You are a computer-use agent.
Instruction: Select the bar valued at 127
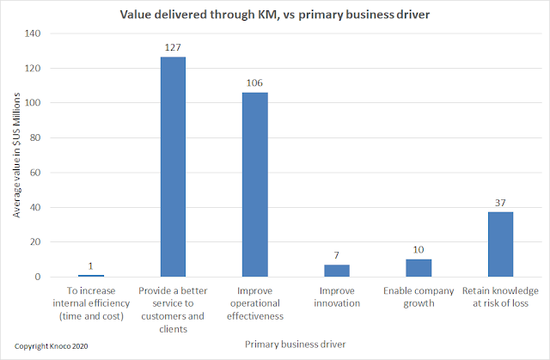[172, 167]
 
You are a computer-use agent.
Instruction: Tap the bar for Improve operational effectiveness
[255, 185]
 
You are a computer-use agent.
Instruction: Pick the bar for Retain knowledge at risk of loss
[499, 244]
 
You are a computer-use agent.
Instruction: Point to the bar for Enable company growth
[419, 268]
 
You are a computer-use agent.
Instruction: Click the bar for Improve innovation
[337, 271]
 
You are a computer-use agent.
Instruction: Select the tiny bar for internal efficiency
[90, 276]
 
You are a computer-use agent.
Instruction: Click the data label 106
[255, 83]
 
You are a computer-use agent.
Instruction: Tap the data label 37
[499, 203]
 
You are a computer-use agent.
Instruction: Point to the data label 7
[337, 255]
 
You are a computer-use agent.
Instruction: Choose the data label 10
[419, 250]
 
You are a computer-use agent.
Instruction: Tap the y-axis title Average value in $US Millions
[17, 156]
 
